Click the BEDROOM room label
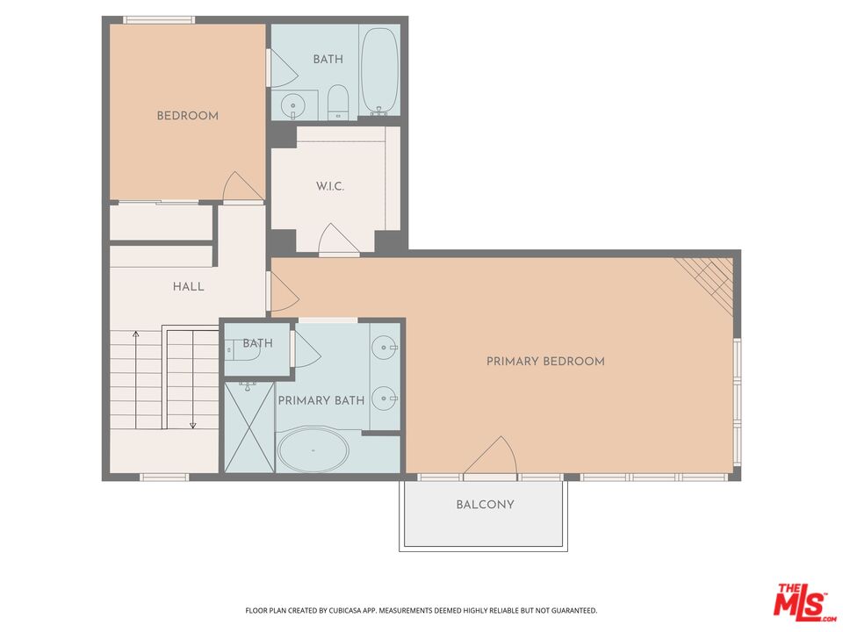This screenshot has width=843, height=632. pos(187,116)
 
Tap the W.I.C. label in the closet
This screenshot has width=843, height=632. pos(330,187)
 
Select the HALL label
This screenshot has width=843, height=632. pos(188,286)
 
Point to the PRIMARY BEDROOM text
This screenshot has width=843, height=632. pos(545,361)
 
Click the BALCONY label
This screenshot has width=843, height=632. pos(485,505)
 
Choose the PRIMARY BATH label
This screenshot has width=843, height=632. pos(321,400)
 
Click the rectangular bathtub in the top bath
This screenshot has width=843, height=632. pos(380,71)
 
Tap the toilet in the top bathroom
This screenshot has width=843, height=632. pos(338,104)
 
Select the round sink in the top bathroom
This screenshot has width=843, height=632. pos(292,106)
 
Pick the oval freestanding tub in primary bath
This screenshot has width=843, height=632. pos(313,450)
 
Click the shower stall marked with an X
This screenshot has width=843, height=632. pos(249,427)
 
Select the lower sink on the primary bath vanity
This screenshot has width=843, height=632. pos(385,399)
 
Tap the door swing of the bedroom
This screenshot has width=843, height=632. pos(241,187)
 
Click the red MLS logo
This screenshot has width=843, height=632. pos(800,601)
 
